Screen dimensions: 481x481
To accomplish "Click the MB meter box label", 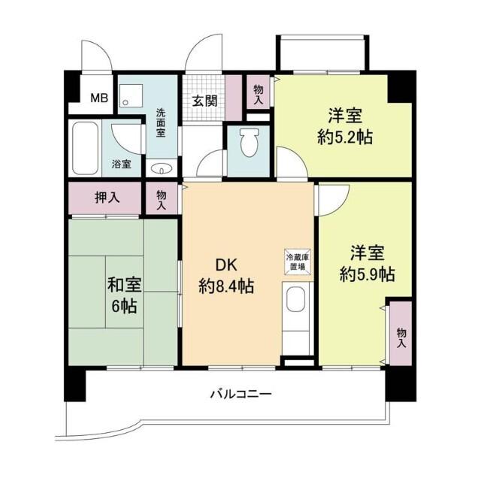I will (x=99, y=98).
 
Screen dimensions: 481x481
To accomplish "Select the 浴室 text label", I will (x=122, y=163).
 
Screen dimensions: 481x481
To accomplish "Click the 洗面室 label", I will (x=161, y=123).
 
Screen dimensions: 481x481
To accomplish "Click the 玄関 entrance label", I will (x=204, y=100).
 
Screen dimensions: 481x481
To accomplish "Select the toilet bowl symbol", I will (x=248, y=140).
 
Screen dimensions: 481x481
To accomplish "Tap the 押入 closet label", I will (x=105, y=198).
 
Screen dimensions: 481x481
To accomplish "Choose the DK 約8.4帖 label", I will (x=225, y=275).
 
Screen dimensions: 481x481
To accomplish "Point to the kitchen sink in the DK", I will (x=296, y=304).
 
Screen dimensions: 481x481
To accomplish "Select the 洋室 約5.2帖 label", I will (x=345, y=127).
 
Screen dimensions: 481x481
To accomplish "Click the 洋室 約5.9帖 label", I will (x=365, y=263).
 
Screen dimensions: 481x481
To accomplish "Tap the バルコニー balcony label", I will (x=240, y=393).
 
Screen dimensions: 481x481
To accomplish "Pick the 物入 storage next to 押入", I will (x=162, y=199).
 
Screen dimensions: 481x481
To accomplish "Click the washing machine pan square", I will (x=134, y=95).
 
